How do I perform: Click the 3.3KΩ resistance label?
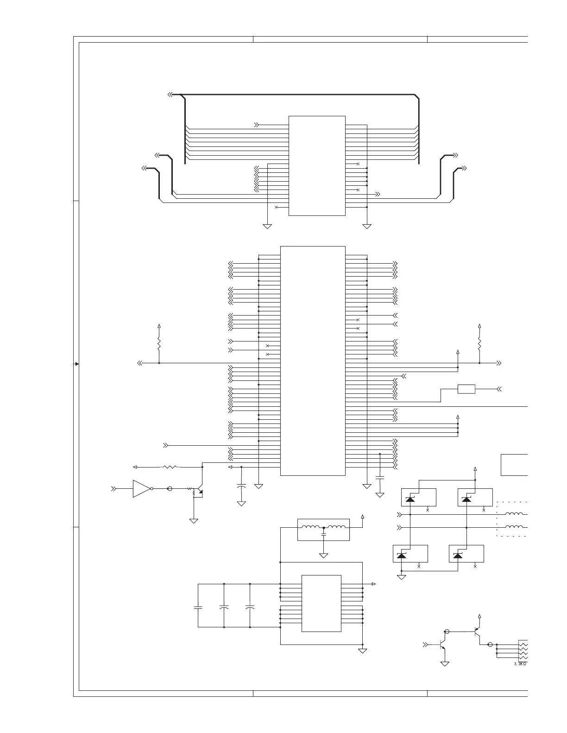tap(521, 663)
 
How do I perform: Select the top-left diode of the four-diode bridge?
tap(410, 499)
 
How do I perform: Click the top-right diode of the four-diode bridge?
tap(466, 499)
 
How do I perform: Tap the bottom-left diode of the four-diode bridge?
tap(402, 556)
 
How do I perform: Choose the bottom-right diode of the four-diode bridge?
tap(458, 556)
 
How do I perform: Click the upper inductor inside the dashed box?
tap(514, 514)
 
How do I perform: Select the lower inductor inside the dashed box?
tap(514, 527)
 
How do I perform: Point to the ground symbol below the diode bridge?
tap(402, 577)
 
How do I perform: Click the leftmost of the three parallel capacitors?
tap(198, 607)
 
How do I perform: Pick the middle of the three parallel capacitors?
tap(224, 607)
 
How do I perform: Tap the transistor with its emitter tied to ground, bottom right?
tap(442, 645)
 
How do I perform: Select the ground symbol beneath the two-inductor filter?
tap(323, 555)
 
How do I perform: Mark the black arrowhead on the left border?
tap(76, 364)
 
